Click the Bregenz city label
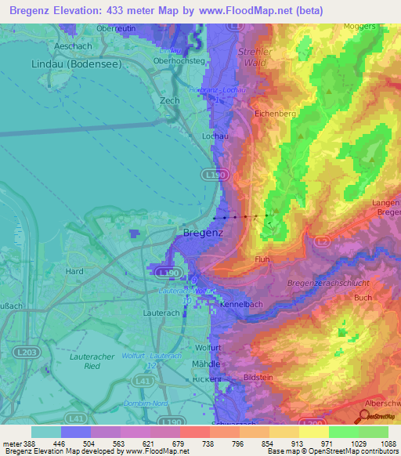(203, 233)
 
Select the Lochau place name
(193, 136)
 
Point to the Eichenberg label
(274, 114)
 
